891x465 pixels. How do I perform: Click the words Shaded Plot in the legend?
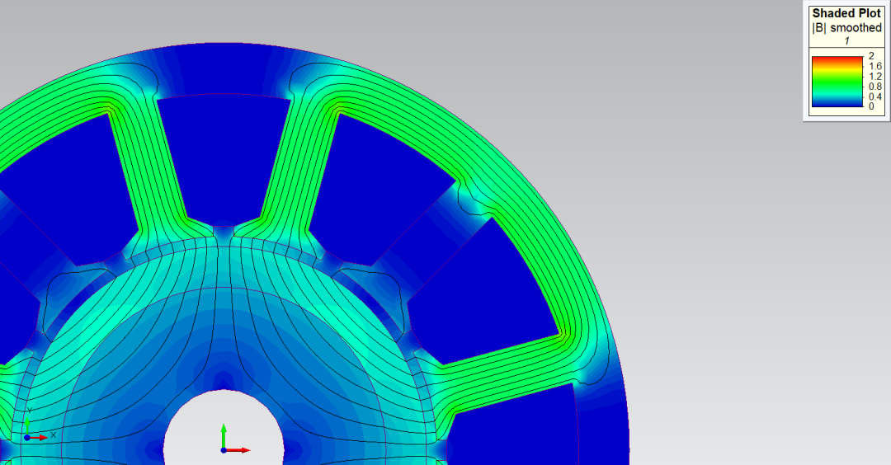[846, 13]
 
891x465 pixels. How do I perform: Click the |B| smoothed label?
[846, 27]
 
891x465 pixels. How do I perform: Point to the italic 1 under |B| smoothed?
[846, 41]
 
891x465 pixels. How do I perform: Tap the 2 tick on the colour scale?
[871, 56]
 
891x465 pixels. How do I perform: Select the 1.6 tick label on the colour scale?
[875, 67]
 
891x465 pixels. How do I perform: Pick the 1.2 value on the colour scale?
[875, 77]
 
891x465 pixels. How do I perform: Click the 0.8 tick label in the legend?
[875, 87]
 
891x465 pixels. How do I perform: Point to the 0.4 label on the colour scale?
[875, 96]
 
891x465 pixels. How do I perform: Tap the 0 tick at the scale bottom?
[871, 106]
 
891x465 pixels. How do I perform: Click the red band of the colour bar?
[837, 59]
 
